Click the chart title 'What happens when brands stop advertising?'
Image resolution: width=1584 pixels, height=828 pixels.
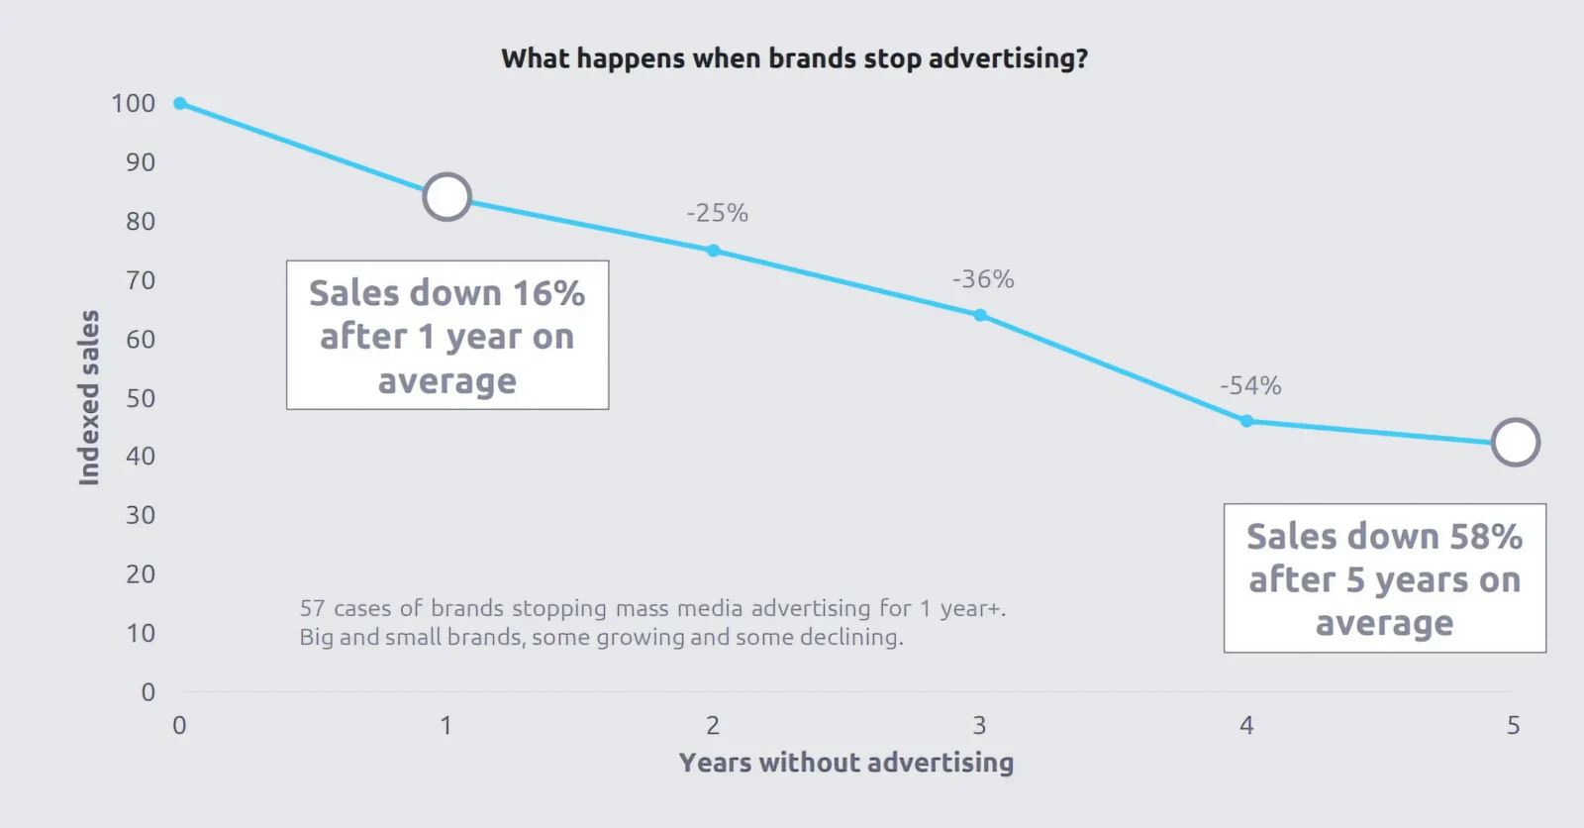[x=794, y=58]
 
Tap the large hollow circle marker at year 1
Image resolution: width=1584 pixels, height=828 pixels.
[x=446, y=197]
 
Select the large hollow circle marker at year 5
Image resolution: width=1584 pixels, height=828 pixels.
[x=1515, y=443]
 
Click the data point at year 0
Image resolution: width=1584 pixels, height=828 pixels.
[x=180, y=103]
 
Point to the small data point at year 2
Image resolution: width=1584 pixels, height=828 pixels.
[x=713, y=251]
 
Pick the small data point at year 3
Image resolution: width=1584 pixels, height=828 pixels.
[x=980, y=316]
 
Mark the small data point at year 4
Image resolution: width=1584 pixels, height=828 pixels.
[x=1246, y=421]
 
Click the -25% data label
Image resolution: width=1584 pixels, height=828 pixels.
[x=718, y=213]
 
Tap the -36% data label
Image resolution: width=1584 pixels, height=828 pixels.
[x=983, y=279]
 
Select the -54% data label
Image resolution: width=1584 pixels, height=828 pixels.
[x=1250, y=385]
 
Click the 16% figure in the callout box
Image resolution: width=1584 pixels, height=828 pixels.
[x=548, y=294]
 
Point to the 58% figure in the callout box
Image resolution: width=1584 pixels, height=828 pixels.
[x=1486, y=537]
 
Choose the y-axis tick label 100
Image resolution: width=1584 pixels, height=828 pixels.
[x=134, y=104]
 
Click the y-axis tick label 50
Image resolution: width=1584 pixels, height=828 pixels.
[x=141, y=398]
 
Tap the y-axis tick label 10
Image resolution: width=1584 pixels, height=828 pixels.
[x=141, y=633]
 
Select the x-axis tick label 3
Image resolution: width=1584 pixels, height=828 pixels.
[x=979, y=726]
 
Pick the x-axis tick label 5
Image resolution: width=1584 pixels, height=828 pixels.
[x=1513, y=726]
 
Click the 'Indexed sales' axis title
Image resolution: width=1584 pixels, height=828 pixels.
[x=89, y=397]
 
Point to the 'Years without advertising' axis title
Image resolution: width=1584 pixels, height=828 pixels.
[x=846, y=763]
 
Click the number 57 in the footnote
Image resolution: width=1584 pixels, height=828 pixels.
[x=312, y=608]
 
